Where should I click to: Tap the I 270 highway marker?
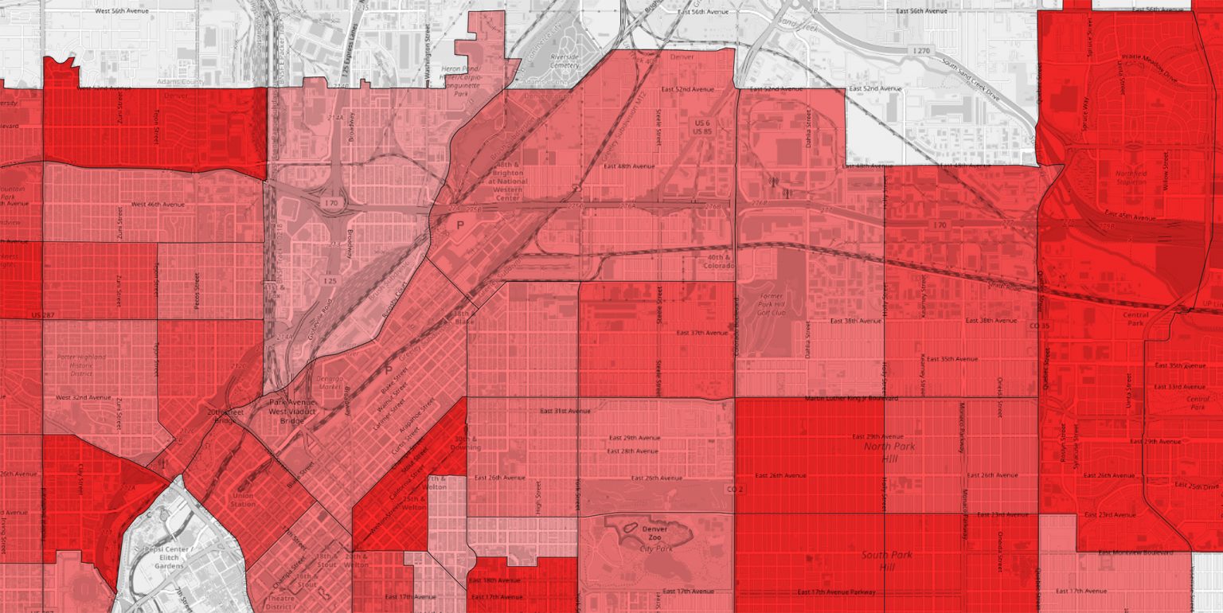pyautogui.click(x=920, y=51)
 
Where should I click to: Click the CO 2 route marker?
pyautogui.click(x=734, y=489)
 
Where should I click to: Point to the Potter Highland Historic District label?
pyautogui.click(x=81, y=365)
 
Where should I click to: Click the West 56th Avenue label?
pyautogui.click(x=120, y=11)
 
